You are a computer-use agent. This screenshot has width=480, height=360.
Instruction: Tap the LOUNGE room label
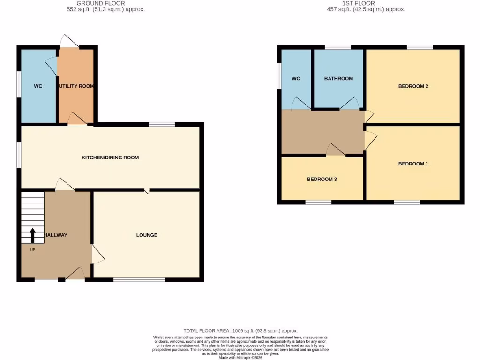147,235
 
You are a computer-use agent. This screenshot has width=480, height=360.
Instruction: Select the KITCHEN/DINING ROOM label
110,157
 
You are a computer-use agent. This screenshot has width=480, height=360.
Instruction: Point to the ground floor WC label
38,86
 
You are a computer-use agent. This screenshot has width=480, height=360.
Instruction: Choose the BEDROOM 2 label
413,86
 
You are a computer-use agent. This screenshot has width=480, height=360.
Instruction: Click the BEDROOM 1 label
413,164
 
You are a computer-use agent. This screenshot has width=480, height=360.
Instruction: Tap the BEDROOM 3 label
322,179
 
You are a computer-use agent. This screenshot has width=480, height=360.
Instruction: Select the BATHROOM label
338,78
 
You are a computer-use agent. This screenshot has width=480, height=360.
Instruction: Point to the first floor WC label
296,78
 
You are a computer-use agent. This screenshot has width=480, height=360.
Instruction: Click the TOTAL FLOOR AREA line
240,331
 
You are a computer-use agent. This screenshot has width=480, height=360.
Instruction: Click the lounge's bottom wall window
139,280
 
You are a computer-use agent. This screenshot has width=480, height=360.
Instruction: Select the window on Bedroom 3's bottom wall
318,202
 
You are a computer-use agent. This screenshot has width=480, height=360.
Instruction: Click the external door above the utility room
69,42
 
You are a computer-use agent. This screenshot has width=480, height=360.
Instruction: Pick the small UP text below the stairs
32,249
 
